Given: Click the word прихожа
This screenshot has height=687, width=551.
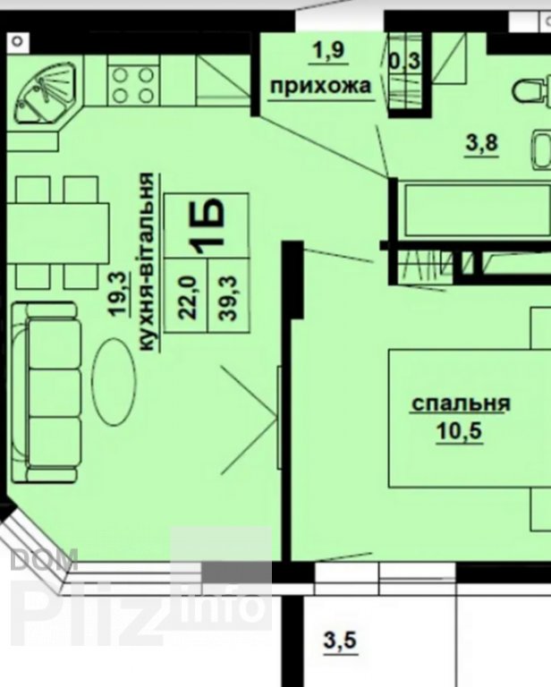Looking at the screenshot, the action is (x=320, y=86).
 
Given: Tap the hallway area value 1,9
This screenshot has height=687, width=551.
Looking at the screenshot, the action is (x=328, y=51).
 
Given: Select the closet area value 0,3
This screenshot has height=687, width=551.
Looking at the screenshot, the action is (x=404, y=61).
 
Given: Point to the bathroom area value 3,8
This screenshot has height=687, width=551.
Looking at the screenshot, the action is (x=481, y=142).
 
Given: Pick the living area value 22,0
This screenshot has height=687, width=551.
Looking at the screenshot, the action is (x=188, y=297).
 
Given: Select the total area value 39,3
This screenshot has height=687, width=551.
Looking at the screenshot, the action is (x=228, y=298).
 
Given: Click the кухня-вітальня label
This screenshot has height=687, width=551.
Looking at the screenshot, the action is (x=148, y=261).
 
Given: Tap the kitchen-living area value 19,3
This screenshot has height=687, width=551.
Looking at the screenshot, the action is (x=119, y=293).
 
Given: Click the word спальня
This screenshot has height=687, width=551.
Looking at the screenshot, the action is (x=461, y=403).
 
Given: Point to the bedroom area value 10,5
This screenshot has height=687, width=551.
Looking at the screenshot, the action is (x=459, y=430).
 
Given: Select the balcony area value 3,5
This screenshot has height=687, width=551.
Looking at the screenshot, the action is (x=340, y=640).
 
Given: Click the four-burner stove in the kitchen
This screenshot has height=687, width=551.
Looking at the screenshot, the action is (x=134, y=85).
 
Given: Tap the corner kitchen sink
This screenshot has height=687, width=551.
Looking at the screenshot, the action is (x=46, y=93).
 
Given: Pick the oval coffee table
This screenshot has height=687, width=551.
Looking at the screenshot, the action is (x=114, y=382).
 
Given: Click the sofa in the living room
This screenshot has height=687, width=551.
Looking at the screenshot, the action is (x=47, y=392).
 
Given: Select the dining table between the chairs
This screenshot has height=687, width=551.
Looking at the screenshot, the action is (x=57, y=233).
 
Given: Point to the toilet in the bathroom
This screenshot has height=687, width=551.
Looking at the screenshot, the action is (x=531, y=90).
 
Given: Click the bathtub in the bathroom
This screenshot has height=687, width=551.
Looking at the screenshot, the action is (x=477, y=211).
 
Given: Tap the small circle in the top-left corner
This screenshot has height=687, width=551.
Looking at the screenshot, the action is (x=18, y=42).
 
